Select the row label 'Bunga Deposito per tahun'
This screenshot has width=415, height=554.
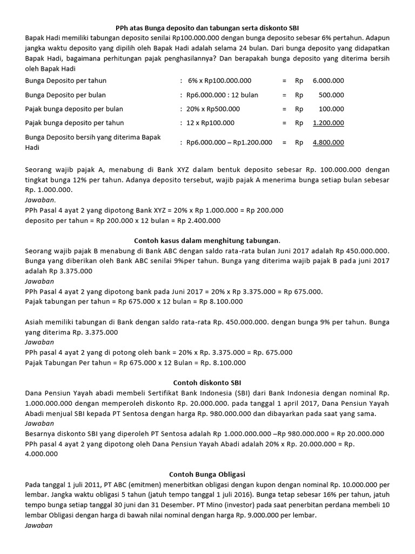pyautogui.click(x=66, y=81)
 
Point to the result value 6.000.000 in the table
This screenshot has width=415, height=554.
pyautogui.click(x=328, y=81)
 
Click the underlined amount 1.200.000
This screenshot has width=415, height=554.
pyautogui.click(x=328, y=123)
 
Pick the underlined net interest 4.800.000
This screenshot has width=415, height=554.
pyautogui.click(x=328, y=143)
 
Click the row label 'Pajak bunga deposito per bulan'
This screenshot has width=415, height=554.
pyautogui.click(x=73, y=109)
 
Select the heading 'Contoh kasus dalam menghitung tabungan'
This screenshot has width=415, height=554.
pyautogui.click(x=207, y=240)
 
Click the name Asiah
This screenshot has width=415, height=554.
pyautogui.click(x=36, y=322)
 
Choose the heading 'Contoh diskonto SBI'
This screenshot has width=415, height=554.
pyautogui.click(x=207, y=382)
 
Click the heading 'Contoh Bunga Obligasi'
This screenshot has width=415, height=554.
pyautogui.click(x=207, y=474)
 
